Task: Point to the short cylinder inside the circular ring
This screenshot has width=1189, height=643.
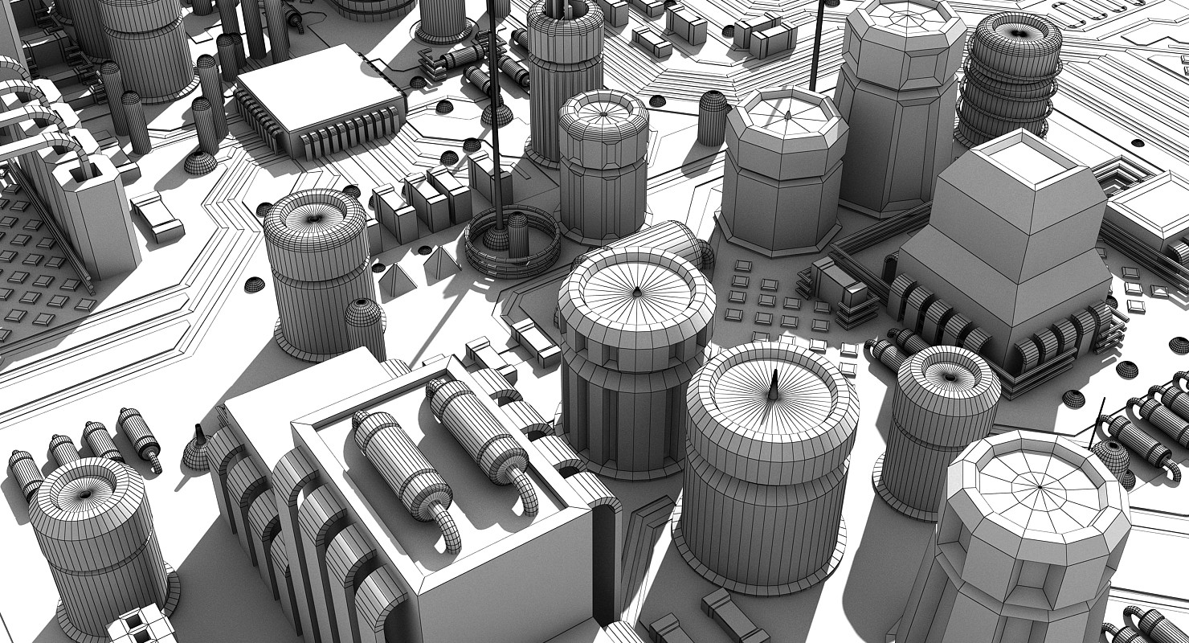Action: [518, 229]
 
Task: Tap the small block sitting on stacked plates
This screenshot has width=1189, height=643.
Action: [836, 277]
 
